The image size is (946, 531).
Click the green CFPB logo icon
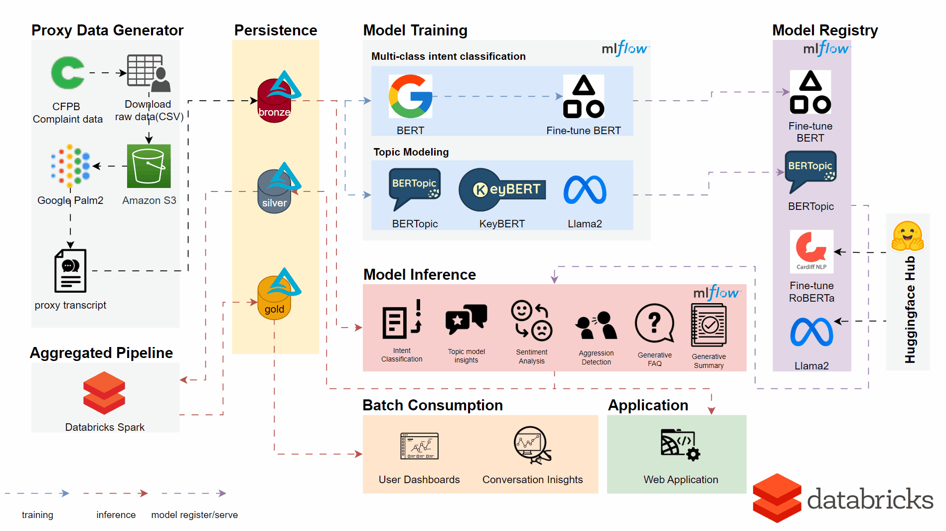tap(68, 73)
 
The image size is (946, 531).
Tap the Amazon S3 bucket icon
tap(149, 166)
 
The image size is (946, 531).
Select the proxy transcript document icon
tap(70, 271)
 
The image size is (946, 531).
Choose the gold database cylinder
tap(274, 298)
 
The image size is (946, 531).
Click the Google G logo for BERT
tap(410, 96)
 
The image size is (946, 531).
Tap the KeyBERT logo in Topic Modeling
tap(502, 189)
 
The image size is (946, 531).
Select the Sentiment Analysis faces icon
tap(531, 321)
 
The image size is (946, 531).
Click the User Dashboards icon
tap(419, 446)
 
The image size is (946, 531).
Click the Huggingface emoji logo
tap(908, 236)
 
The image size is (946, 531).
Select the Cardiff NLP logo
tap(811, 251)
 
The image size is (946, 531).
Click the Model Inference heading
tap(419, 275)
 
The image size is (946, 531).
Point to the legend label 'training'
tap(37, 515)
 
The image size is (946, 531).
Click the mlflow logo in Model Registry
tap(826, 49)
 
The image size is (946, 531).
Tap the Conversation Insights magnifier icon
tap(532, 444)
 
